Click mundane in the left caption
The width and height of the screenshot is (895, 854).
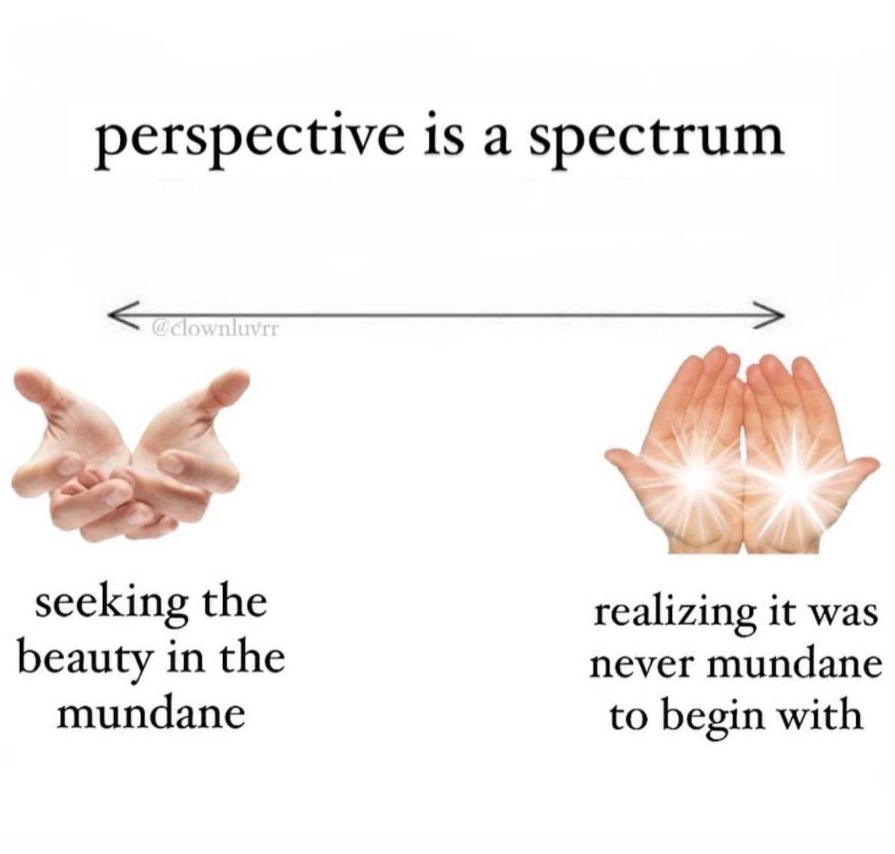pos(150,715)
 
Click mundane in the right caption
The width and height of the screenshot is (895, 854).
pos(794,665)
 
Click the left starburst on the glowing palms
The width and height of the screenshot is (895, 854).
pos(694,475)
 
